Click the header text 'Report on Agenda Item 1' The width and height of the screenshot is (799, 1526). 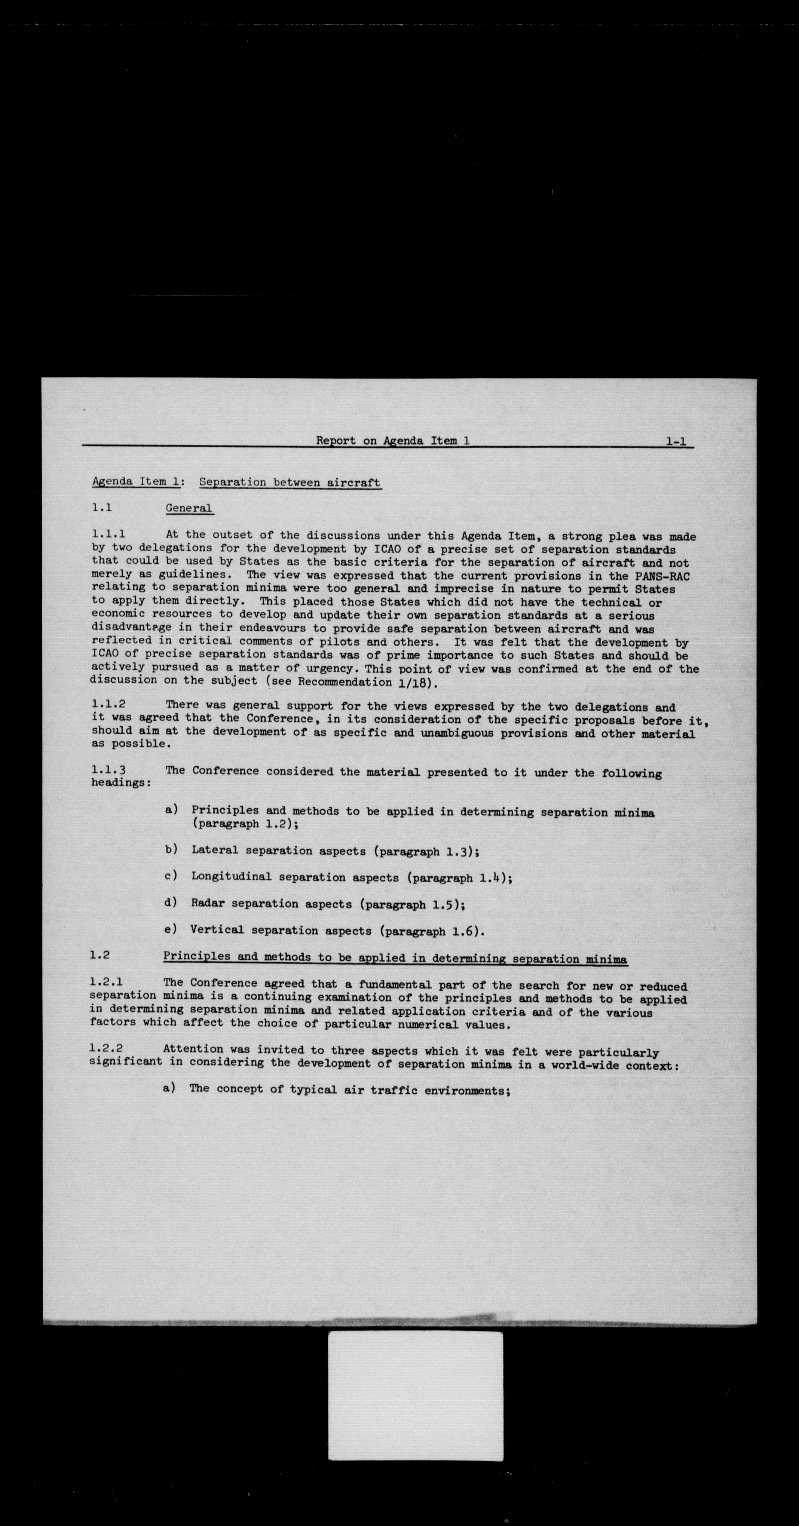tap(393, 441)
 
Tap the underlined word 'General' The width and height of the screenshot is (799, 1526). tap(189, 508)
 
